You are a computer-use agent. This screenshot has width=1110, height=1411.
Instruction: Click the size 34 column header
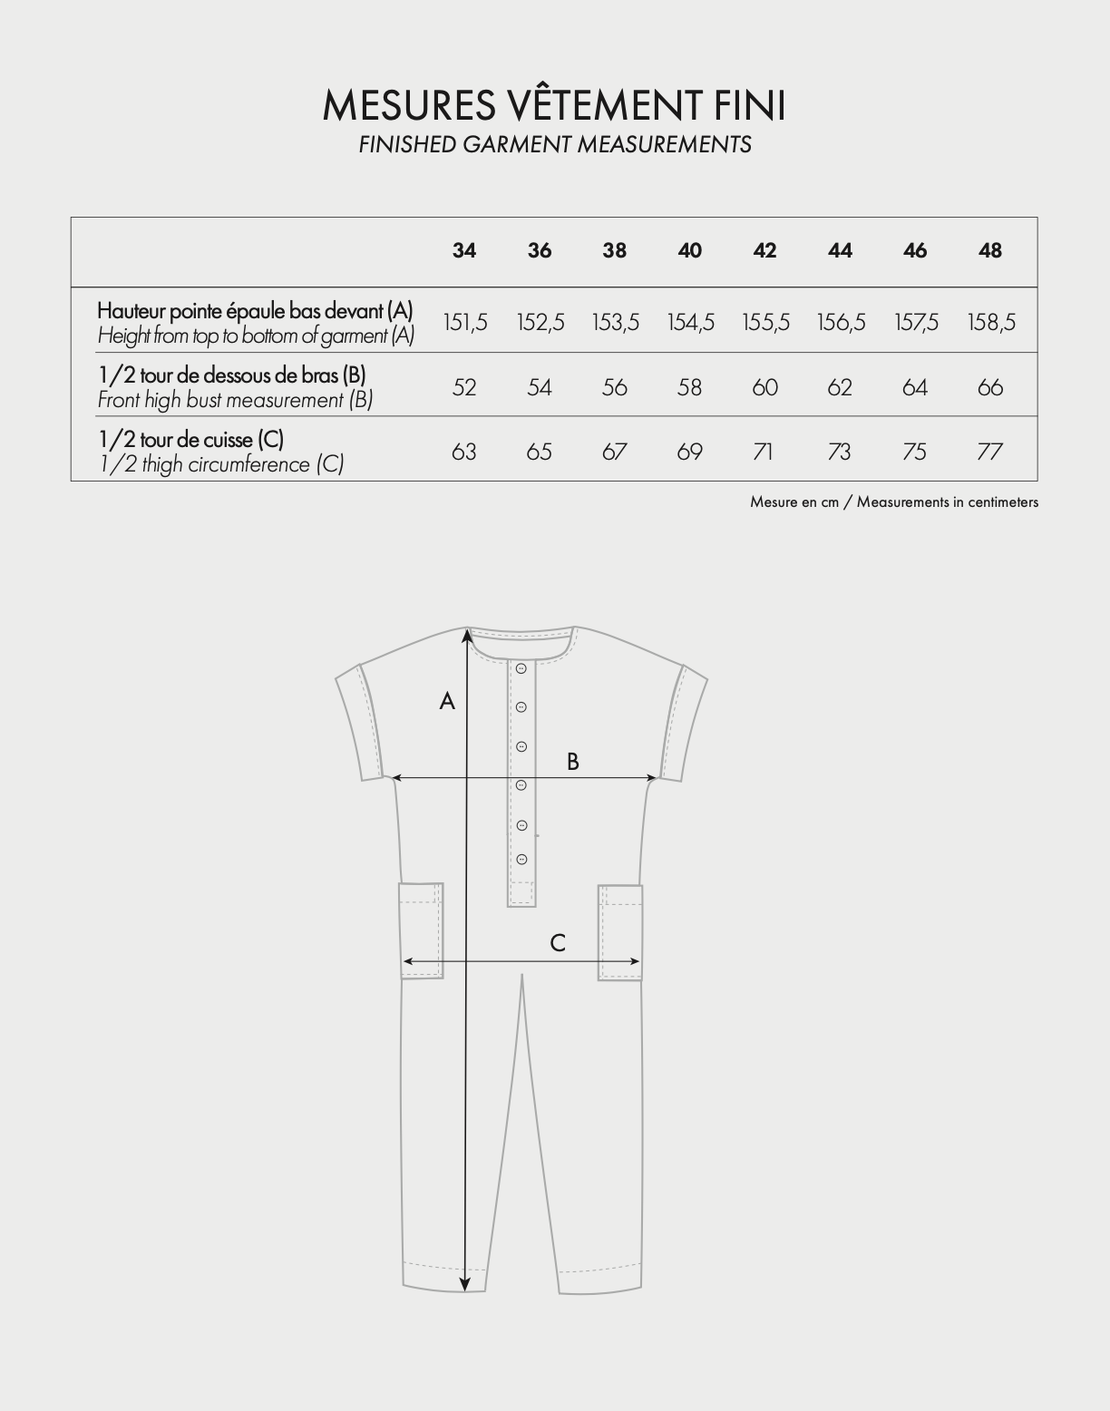click(463, 251)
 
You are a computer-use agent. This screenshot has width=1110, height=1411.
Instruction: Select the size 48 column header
click(990, 251)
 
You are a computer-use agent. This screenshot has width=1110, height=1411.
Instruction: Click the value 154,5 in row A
click(690, 323)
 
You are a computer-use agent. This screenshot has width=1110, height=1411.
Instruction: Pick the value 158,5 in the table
click(991, 323)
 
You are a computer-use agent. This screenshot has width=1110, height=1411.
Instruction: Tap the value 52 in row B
click(463, 388)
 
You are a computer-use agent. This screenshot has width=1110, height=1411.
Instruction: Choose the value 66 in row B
click(990, 388)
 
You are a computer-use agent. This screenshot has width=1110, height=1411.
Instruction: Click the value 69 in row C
click(689, 452)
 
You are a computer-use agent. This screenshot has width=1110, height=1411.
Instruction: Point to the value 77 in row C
click(989, 452)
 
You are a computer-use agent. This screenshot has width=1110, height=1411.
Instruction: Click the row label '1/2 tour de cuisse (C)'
click(191, 440)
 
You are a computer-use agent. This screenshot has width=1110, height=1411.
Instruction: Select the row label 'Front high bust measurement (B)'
click(235, 400)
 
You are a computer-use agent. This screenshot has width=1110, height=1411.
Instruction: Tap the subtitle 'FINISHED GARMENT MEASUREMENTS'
click(555, 145)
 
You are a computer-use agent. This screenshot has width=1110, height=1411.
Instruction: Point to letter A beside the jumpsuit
click(447, 701)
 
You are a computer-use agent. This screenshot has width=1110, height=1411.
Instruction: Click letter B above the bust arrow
click(573, 762)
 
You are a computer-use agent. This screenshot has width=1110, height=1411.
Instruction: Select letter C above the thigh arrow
click(558, 944)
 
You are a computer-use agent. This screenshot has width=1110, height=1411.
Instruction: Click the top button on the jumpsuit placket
click(521, 669)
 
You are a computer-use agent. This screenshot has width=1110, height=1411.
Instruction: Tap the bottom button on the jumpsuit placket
click(521, 859)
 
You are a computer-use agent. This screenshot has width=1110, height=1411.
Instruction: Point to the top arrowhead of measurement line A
click(467, 635)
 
